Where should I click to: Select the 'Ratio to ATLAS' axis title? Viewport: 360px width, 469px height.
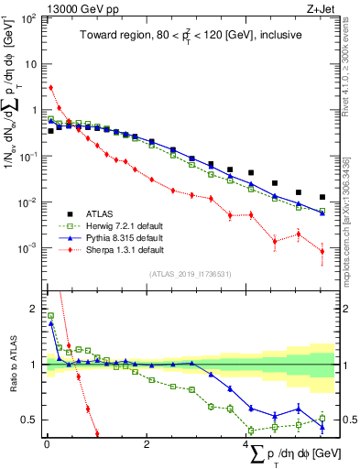(11, 365)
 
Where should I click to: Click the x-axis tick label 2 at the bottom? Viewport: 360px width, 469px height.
(147, 443)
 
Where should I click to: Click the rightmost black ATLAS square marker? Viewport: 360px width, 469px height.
(322, 197)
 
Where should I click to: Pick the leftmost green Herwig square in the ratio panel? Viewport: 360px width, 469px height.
(50, 315)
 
